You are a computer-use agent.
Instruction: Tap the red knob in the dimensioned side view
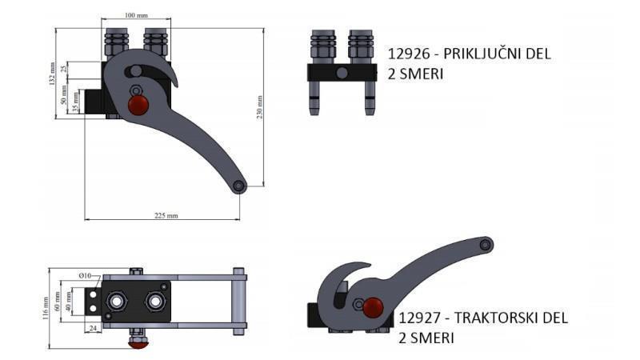coord(139,106)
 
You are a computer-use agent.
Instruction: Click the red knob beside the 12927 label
coord(373,306)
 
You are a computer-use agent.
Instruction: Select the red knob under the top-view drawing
coord(140,342)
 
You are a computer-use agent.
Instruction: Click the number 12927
coord(420,318)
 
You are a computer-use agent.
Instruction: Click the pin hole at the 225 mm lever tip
coord(239,186)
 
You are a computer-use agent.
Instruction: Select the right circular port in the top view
coord(153,302)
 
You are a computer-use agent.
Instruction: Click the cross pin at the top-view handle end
coord(238,302)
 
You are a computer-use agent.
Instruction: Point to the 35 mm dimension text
coord(75,103)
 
